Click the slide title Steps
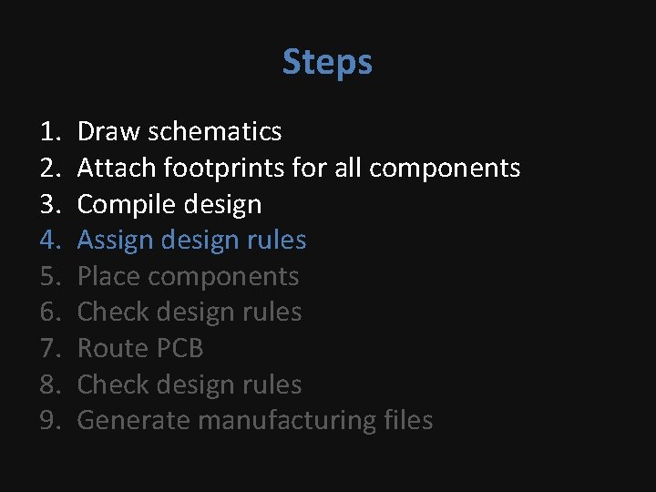pyautogui.click(x=327, y=62)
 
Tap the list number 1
pyautogui.click(x=49, y=132)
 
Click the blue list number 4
pyautogui.click(x=49, y=241)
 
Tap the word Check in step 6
pyautogui.click(x=109, y=313)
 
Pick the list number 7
pyautogui.click(x=49, y=348)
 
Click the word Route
pyautogui.click(x=109, y=348)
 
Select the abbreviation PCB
pyautogui.click(x=178, y=348)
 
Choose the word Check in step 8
pyautogui.click(x=109, y=384)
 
